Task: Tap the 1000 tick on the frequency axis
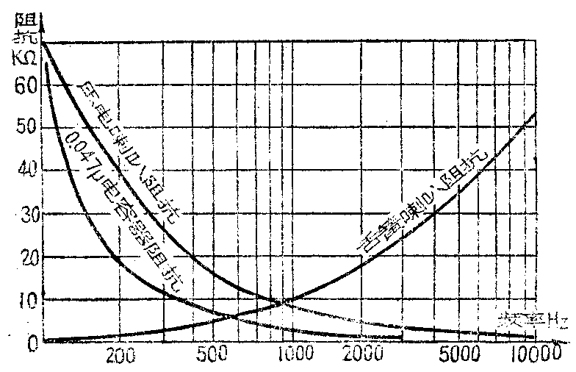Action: (x=292, y=356)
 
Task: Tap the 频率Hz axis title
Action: (x=532, y=321)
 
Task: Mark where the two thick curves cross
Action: (x=282, y=301)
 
